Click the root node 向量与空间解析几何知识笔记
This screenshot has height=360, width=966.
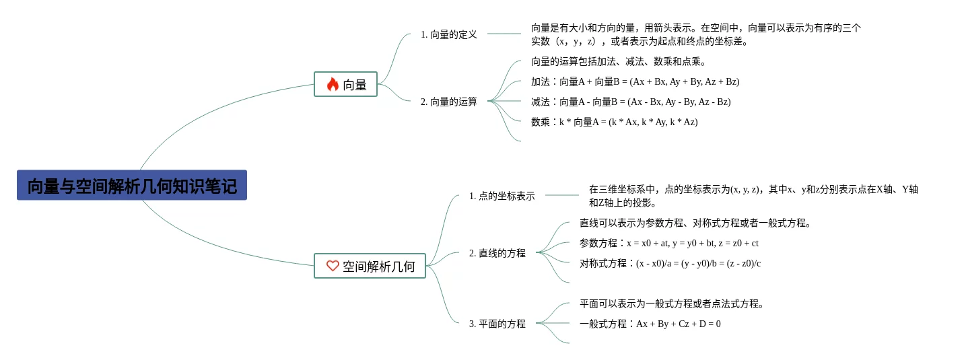132,186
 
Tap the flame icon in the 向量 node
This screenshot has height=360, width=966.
333,84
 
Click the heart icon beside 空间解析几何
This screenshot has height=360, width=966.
333,266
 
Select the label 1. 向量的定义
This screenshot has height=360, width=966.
448,34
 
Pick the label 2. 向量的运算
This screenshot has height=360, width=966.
448,102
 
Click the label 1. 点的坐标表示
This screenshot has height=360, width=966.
502,196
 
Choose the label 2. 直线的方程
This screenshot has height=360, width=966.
497,253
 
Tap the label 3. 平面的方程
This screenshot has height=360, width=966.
497,324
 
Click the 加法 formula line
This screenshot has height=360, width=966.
635,81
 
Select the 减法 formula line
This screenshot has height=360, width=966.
631,102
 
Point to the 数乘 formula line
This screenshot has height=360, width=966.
614,122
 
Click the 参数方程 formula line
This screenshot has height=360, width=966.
668,243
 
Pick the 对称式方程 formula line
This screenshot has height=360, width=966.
670,263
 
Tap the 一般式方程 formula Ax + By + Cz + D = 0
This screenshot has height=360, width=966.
650,324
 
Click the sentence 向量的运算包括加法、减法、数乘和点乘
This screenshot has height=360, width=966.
618,61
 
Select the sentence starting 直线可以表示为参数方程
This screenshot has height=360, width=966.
695,223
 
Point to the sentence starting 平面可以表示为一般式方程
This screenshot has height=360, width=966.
672,303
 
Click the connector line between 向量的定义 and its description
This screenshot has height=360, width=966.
504,34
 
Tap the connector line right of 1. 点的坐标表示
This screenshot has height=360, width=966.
561,195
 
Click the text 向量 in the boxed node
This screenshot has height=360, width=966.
355,85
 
